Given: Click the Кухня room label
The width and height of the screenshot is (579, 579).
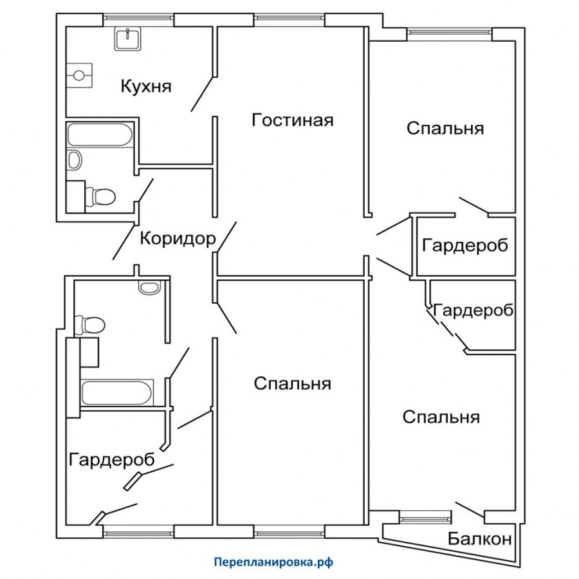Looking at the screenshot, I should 146,86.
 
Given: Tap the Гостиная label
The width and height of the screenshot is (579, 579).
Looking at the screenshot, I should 293,120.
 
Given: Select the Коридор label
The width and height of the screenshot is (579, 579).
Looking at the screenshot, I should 178,239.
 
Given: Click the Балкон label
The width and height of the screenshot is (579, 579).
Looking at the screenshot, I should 480,539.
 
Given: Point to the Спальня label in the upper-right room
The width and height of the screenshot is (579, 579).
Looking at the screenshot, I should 445,129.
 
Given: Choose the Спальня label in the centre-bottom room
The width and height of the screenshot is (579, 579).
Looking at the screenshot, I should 292,384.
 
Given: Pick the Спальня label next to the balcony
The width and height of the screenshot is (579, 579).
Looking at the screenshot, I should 441,418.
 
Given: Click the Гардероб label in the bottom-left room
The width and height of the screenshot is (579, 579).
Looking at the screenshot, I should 112,460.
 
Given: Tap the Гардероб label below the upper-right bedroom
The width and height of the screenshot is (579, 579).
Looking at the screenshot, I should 465,246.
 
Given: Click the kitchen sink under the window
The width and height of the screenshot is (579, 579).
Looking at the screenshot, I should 127,39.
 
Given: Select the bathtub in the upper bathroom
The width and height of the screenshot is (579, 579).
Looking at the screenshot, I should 100,134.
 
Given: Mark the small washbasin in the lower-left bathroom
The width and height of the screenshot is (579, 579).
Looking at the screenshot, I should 149,288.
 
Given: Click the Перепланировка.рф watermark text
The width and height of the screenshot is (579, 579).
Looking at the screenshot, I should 273,562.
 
